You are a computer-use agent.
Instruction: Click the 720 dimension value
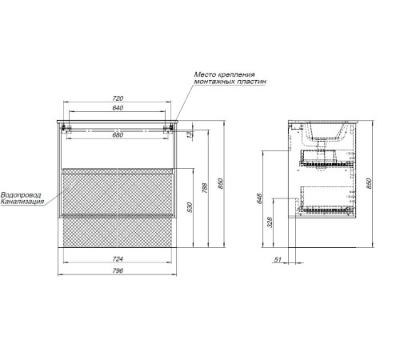[x=118, y=98]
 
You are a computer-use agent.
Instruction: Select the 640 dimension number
[x=118, y=108]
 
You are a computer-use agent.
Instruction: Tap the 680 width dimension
[x=118, y=135]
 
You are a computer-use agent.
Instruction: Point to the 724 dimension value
[x=118, y=259]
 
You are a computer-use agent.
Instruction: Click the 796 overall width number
[x=118, y=270]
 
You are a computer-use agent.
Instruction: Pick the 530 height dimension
[x=190, y=207]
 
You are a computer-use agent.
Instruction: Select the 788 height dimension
[x=205, y=188]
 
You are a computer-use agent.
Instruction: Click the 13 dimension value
[x=189, y=134]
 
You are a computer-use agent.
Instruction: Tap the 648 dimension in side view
[x=259, y=198]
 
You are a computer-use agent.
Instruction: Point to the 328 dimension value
[x=270, y=222]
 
